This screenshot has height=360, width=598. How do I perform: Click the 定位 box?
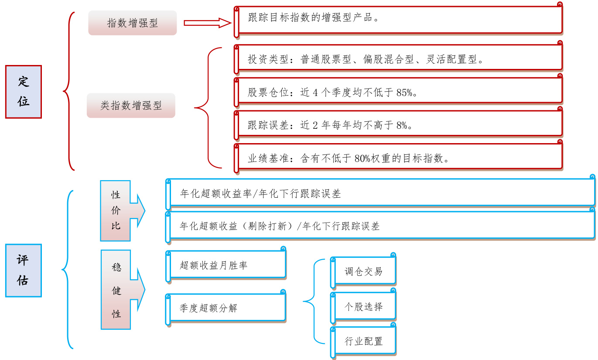[x=24, y=92]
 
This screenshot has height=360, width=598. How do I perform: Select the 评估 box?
[x=24, y=271]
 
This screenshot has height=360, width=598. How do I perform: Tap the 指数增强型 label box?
[x=133, y=23]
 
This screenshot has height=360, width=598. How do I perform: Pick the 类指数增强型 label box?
[x=131, y=106]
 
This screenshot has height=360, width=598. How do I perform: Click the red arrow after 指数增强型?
[x=207, y=23]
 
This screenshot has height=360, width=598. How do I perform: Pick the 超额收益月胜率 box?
[x=226, y=265]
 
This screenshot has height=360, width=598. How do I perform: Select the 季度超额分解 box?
[x=226, y=308]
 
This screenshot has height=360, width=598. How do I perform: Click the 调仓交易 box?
[x=363, y=271]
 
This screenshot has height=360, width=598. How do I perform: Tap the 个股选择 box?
[x=363, y=307]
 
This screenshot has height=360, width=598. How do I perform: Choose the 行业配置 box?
[x=363, y=341]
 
